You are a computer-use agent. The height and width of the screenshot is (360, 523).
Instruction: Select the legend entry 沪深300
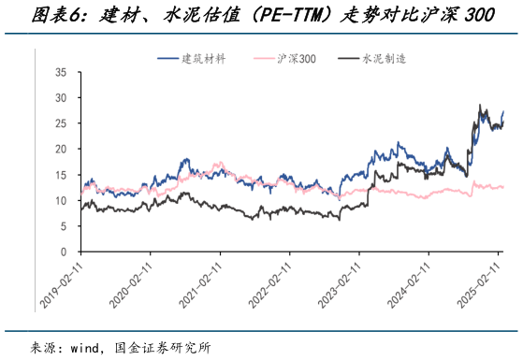click(297, 58)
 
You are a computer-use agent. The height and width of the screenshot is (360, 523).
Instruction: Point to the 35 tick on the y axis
click(61, 72)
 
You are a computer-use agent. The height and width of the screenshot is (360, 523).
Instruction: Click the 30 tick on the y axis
click(61, 97)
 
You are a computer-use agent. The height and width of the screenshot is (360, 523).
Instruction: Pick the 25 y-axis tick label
click(61, 123)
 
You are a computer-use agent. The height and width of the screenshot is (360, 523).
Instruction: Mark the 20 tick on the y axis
click(61, 149)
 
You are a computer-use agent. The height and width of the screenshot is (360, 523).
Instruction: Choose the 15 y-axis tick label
click(61, 175)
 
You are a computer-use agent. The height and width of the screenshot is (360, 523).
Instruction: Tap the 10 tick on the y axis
click(61, 200)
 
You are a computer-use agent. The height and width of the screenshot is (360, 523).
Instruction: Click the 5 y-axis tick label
click(64, 226)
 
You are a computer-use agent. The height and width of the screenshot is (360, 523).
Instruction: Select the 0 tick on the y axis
click(64, 252)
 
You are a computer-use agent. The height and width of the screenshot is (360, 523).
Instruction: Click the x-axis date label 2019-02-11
click(62, 283)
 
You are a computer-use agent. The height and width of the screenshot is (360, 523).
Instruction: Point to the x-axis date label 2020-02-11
click(132, 283)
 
